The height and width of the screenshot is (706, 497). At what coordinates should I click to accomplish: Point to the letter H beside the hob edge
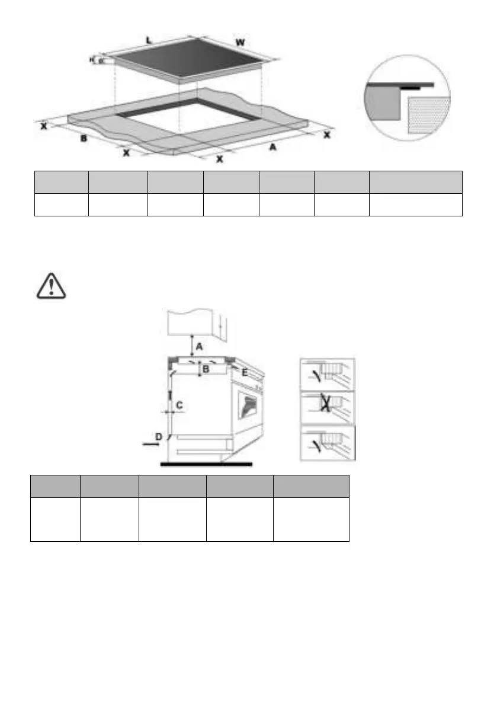(x=92, y=59)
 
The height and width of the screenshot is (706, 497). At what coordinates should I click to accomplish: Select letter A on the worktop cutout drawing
(x=272, y=147)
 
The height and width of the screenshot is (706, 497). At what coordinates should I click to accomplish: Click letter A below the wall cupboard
(x=200, y=346)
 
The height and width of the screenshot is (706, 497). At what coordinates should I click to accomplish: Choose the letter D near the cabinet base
(x=158, y=436)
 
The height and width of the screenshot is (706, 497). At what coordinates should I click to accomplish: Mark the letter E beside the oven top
(x=245, y=372)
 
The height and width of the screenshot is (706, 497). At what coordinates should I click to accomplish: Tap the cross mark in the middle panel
(x=325, y=404)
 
